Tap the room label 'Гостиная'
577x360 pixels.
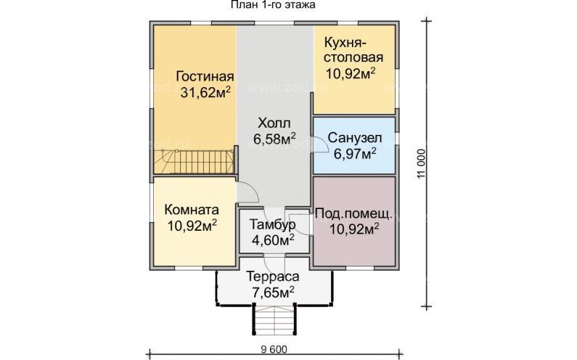coord(205,77)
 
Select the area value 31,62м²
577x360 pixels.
coord(205,92)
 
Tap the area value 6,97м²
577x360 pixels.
coord(355,153)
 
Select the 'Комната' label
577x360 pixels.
coord(192,209)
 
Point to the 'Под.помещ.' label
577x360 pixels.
coord(354,214)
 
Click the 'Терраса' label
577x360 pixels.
coord(272,277)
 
